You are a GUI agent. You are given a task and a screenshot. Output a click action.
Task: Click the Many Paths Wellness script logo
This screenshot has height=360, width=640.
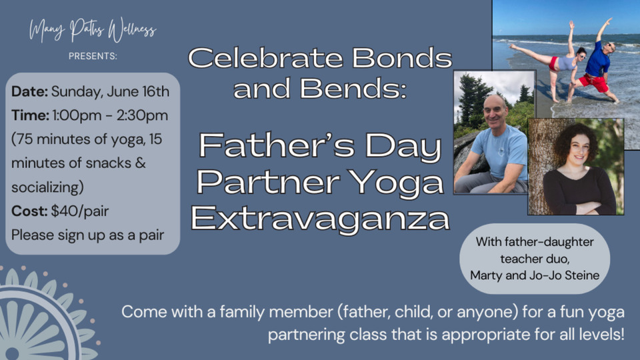coord(93,30)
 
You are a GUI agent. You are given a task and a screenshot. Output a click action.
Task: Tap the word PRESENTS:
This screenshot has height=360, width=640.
coord(93,56)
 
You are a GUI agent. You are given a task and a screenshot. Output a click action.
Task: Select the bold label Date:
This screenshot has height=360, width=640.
coord(29,92)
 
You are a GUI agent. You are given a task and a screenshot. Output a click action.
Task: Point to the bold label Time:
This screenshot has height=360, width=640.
coord(30,115)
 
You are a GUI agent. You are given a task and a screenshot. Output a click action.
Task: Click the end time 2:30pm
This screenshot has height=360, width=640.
coord(142,115)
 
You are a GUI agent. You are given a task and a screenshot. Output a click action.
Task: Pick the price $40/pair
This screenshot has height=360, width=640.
coord(79,211)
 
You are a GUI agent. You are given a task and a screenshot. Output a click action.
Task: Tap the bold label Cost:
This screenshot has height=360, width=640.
coord(29,211)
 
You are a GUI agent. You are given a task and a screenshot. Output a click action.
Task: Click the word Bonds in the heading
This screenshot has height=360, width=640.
coord(401,58)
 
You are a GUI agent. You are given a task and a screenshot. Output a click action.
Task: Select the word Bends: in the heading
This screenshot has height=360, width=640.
coord(353,88)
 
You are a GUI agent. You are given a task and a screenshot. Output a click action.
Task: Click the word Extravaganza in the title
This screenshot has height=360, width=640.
coord(320,219)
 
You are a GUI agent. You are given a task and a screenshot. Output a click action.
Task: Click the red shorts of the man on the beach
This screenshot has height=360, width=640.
coord(594,82)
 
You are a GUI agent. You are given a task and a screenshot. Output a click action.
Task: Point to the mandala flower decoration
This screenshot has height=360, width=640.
coord(39,319)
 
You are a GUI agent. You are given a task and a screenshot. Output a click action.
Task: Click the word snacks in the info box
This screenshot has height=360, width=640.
coord(106,163)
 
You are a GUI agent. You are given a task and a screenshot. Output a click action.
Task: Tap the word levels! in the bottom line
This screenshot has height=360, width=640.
coord(601,335)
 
